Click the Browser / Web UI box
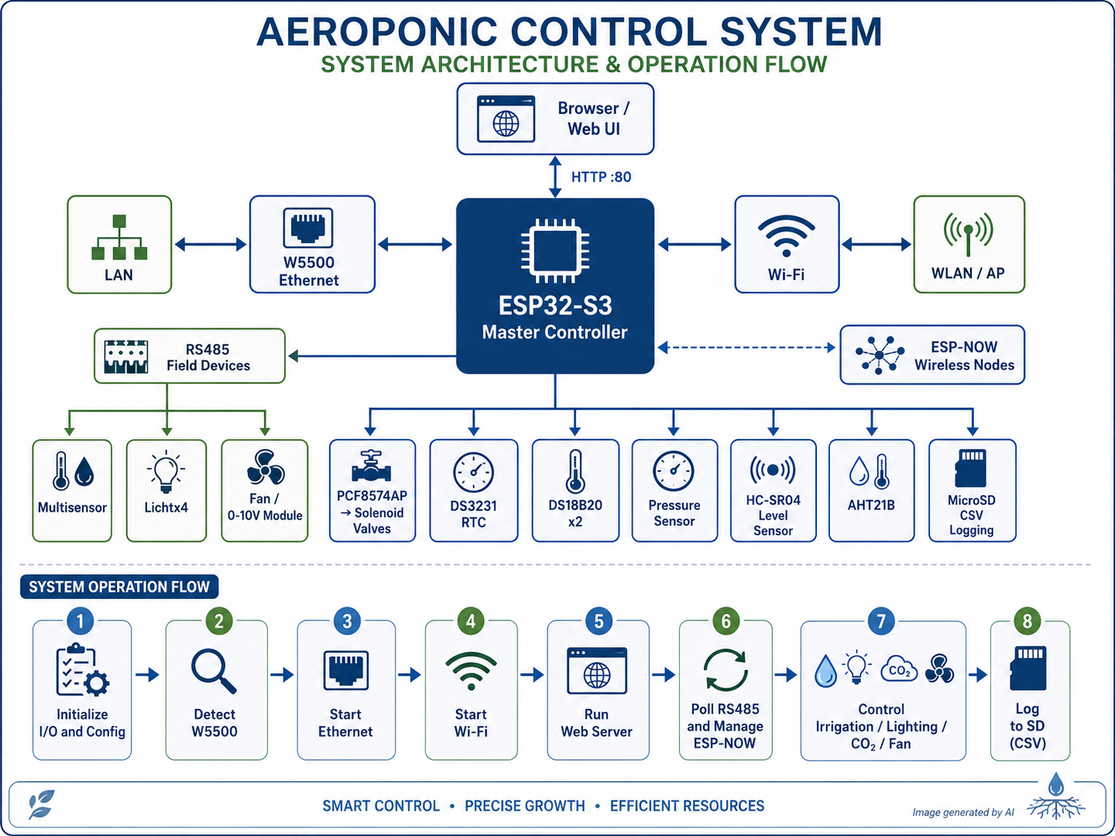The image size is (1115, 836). coord(555,119)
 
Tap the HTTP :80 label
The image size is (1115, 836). coord(601,177)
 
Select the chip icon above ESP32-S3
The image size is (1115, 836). coord(555,251)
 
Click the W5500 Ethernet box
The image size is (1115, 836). coord(313,244)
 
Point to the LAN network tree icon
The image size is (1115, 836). coord(119,237)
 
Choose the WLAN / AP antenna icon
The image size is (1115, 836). coord(969,233)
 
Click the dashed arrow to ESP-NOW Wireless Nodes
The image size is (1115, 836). coord(747,348)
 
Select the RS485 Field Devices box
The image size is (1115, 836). coord(189,356)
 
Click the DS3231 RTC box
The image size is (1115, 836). coord(474,491)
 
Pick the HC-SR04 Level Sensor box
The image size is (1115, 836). coord(773,491)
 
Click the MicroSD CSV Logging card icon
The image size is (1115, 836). coord(971,468)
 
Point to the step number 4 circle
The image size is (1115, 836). coord(471,621)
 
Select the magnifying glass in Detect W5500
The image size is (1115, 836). coord(214,671)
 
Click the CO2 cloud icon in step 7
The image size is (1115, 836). coord(899,669)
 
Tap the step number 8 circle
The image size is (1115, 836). coord(1027,621)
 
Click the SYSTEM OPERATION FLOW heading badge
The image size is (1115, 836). coord(119,587)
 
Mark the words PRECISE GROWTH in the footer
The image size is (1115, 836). coord(524,806)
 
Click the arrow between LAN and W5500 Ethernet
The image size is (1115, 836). coord(210,245)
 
